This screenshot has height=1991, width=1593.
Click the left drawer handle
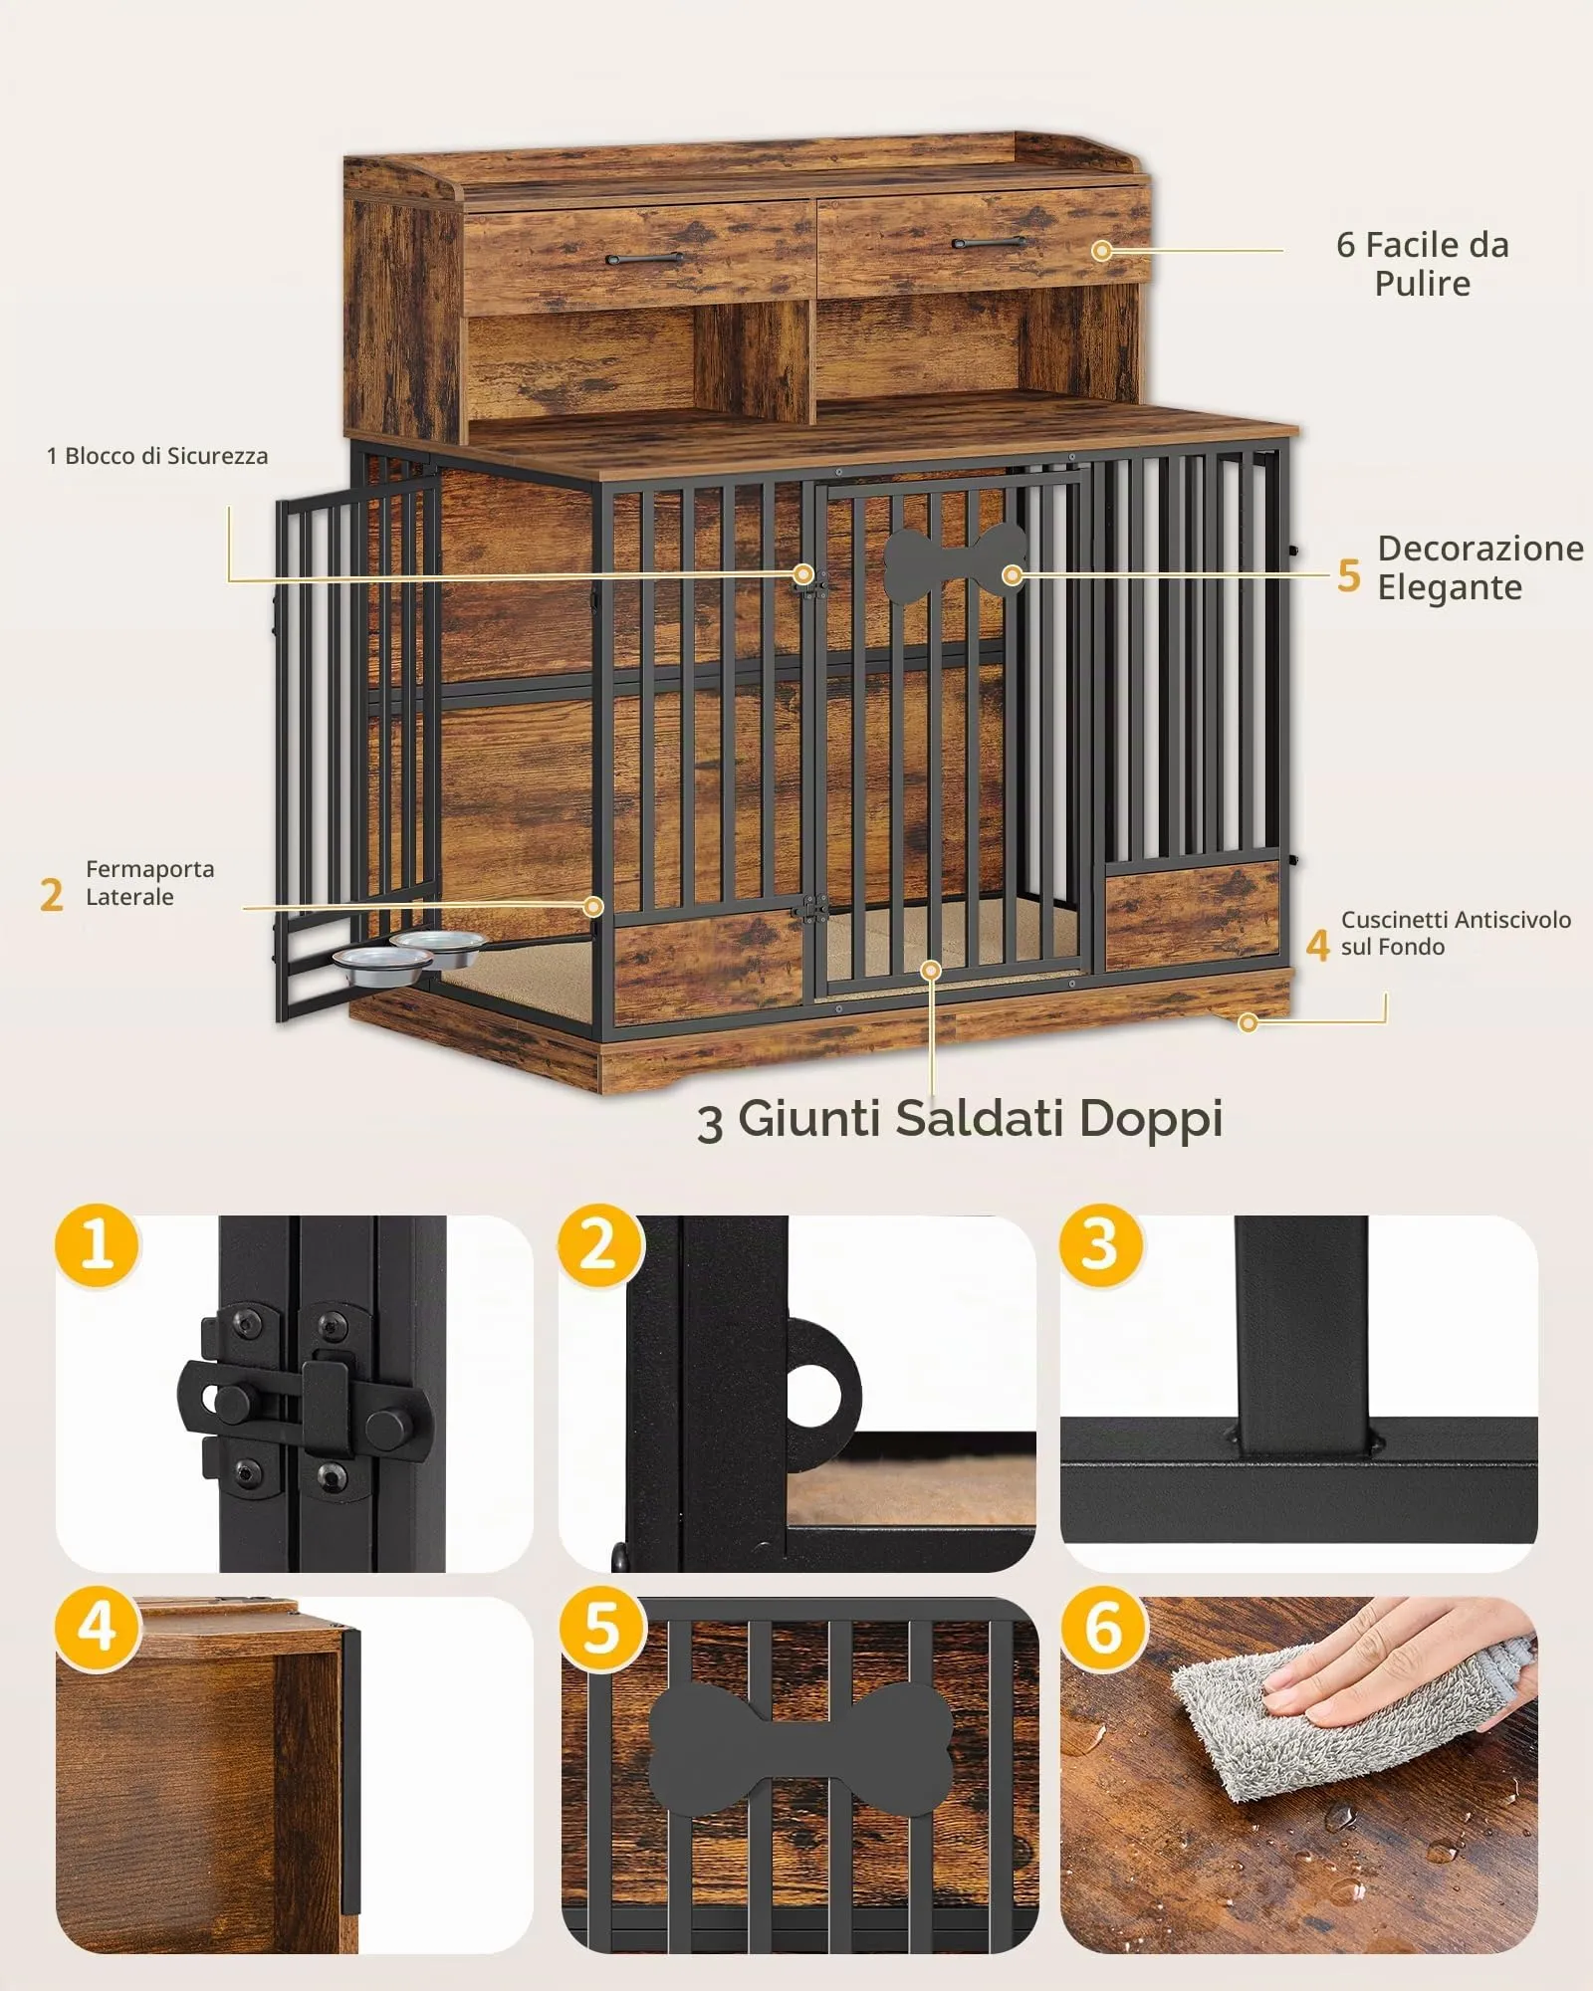644,259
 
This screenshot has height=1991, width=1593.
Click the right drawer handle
990,242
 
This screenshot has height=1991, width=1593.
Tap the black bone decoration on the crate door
954,563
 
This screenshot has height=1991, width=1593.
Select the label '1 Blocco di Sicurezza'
157,456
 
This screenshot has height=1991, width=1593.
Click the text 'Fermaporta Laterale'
150,883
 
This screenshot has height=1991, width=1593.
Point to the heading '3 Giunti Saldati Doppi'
960,1119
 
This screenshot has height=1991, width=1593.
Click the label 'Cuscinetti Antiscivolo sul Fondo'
1456,933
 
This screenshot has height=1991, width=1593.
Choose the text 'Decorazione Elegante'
1480,567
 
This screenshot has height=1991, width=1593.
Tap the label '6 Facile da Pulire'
1423,264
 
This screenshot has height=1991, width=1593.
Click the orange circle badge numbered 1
98,1245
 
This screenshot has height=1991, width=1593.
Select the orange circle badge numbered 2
599,1245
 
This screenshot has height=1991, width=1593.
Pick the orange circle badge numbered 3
1101,1245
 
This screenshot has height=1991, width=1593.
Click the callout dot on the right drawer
1101,251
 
